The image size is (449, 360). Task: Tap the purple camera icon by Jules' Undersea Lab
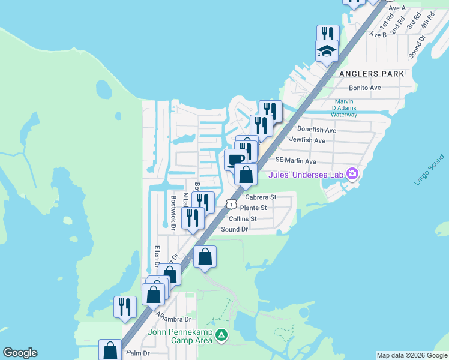click(352, 175)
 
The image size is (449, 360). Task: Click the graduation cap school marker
click(327, 51)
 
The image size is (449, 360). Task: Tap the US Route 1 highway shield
click(231, 204)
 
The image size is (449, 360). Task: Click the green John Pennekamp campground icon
click(222, 335)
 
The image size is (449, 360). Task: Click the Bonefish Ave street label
click(316, 130)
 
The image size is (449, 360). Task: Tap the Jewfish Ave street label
click(307, 140)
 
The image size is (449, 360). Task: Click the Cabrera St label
click(261, 197)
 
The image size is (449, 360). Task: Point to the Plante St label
click(253, 208)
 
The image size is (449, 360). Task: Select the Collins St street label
click(243, 219)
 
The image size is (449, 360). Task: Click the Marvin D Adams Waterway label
click(344, 108)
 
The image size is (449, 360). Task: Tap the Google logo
click(20, 353)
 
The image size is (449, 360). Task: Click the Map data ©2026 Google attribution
click(412, 355)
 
